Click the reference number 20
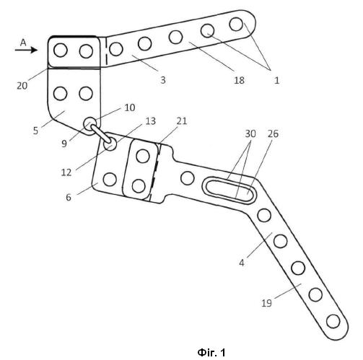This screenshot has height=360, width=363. pyautogui.click(x=22, y=86)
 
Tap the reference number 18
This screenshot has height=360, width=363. pyautogui.click(x=239, y=80)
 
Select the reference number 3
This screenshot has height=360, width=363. pyautogui.click(x=163, y=80)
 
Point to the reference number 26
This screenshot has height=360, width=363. pyautogui.click(x=273, y=133)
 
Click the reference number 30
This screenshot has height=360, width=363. pyautogui.click(x=250, y=133)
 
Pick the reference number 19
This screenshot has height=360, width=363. pyautogui.click(x=266, y=303)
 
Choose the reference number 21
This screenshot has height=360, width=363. pyautogui.click(x=182, y=121)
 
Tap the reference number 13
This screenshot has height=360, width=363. pyautogui.click(x=151, y=121)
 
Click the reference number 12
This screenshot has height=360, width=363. pyautogui.click(x=66, y=172)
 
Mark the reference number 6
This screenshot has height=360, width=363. pyautogui.click(x=69, y=197)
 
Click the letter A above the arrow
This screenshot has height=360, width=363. pyautogui.click(x=23, y=43)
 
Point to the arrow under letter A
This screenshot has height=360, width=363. pyautogui.click(x=26, y=50)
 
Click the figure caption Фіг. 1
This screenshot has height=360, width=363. pyautogui.click(x=211, y=353)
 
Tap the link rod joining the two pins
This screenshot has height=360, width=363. pyautogui.click(x=100, y=133)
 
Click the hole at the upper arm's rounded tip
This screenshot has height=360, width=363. pyautogui.click(x=236, y=24)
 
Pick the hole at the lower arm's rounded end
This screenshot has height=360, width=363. pyautogui.click(x=333, y=321)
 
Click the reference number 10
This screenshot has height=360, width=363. pyautogui.click(x=130, y=107)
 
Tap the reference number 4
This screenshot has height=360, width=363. pyautogui.click(x=242, y=263)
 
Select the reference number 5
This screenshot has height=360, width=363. pyautogui.click(x=35, y=131)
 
